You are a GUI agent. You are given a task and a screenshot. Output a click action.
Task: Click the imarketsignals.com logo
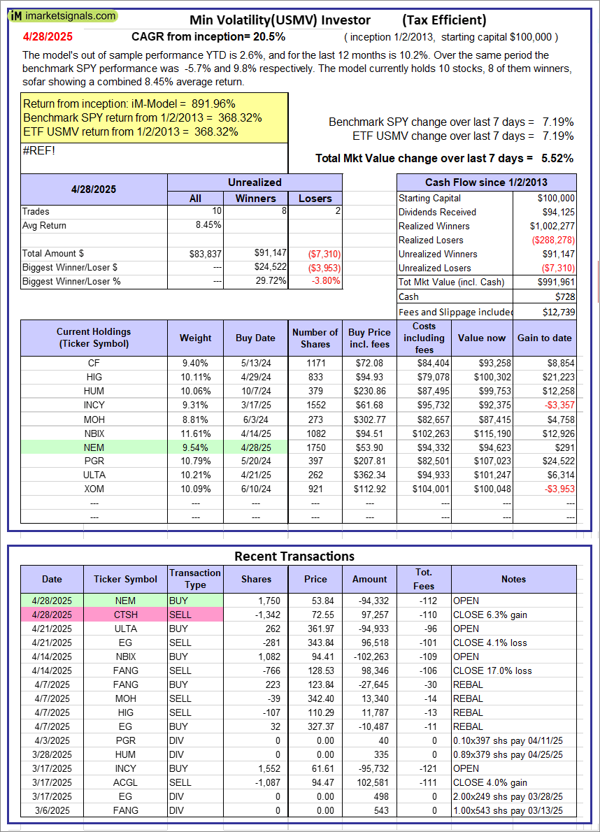[63, 15]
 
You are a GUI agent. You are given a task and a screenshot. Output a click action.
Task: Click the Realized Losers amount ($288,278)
[553, 240]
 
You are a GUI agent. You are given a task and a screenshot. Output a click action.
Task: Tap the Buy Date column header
[255, 338]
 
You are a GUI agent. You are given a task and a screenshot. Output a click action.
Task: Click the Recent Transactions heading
[294, 557]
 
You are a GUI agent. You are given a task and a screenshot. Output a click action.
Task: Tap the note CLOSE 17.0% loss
[493, 670]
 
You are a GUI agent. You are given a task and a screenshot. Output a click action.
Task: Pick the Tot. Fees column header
[424, 579]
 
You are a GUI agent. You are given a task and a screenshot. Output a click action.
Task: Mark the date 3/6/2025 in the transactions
[52, 810]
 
